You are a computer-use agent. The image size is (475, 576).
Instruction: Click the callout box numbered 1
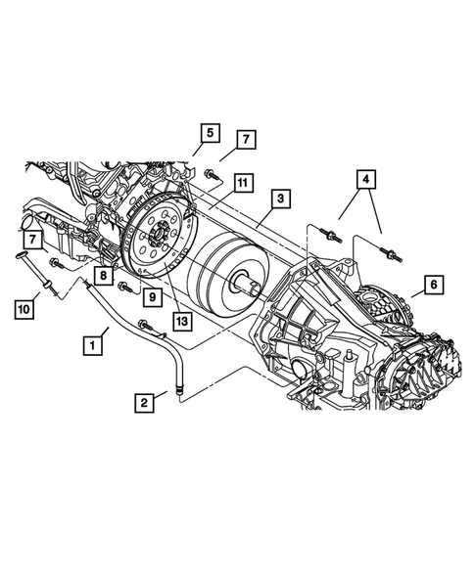(94, 344)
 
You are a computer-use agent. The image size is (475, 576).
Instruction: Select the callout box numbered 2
(145, 400)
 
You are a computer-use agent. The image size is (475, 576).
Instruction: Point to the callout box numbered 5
(210, 132)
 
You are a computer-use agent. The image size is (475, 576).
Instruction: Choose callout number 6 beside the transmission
(433, 286)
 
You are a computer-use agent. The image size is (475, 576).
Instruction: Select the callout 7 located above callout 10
(35, 239)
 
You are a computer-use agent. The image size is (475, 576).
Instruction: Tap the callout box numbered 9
(154, 295)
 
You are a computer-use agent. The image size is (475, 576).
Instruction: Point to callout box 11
(242, 181)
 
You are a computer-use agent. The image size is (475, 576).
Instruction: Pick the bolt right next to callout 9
(126, 288)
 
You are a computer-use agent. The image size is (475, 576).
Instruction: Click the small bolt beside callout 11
(215, 178)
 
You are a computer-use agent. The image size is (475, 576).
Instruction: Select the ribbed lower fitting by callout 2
(179, 391)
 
